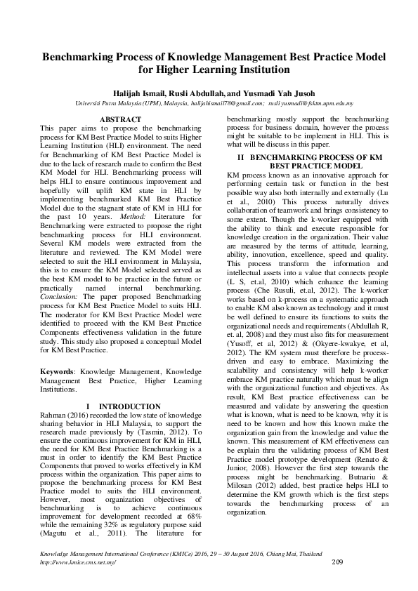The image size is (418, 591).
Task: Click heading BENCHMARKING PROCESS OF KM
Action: pos(316,158)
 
